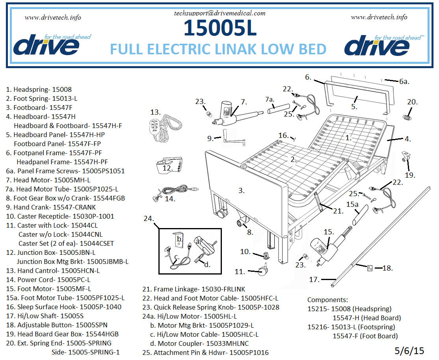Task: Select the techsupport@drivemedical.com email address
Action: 219,13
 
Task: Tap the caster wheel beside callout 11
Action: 262,271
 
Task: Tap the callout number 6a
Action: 404,82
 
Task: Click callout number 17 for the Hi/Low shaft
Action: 314,280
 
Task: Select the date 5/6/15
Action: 409,351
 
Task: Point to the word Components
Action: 327,300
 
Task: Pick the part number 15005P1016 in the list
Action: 249,353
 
